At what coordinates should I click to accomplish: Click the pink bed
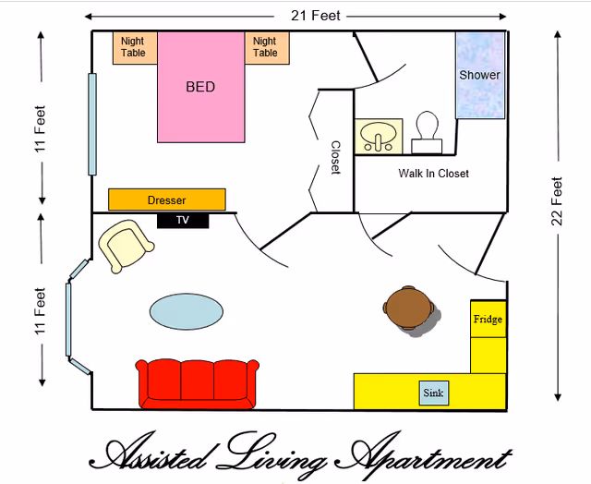tap(201, 89)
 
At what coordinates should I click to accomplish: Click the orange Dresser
tap(167, 200)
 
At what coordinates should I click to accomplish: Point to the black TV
tap(183, 221)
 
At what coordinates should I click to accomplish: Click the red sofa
tap(198, 382)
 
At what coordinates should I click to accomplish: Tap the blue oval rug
tap(187, 311)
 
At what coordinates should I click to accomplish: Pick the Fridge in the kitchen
tap(488, 320)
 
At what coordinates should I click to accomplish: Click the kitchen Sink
tap(433, 393)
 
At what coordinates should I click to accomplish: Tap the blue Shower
tap(480, 76)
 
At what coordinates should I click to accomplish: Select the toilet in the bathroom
tap(427, 132)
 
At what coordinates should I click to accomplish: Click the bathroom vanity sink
tap(379, 136)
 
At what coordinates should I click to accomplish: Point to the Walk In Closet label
tap(433, 174)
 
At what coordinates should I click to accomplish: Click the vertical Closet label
tap(336, 157)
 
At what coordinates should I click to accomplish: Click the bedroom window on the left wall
tap(92, 124)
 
